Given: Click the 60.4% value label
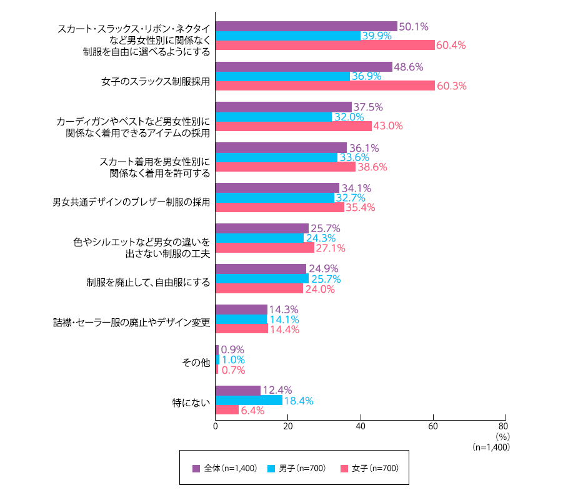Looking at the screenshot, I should (x=452, y=46).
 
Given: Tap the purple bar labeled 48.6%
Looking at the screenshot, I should (x=304, y=67).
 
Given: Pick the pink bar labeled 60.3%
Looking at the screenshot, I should (x=325, y=86).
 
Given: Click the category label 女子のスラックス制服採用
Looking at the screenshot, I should (x=156, y=81).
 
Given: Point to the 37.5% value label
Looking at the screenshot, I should (x=369, y=107).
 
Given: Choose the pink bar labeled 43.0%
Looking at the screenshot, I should (x=293, y=126).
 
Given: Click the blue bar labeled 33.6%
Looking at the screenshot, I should (x=276, y=157).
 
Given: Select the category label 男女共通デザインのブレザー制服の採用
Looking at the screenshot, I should (x=131, y=202).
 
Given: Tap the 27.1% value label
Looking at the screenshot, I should (x=331, y=248).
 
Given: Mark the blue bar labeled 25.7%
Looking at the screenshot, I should (x=262, y=279).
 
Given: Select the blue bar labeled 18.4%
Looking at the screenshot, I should (x=249, y=401).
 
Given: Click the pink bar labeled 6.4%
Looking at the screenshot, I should (x=227, y=410).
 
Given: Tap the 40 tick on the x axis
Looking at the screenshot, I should (x=361, y=427).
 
